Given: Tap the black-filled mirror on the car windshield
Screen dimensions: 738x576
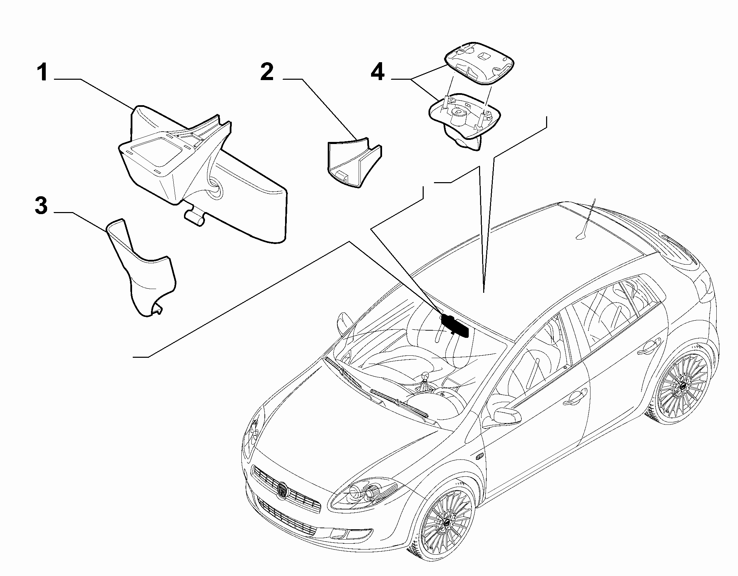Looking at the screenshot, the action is click(x=454, y=325).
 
